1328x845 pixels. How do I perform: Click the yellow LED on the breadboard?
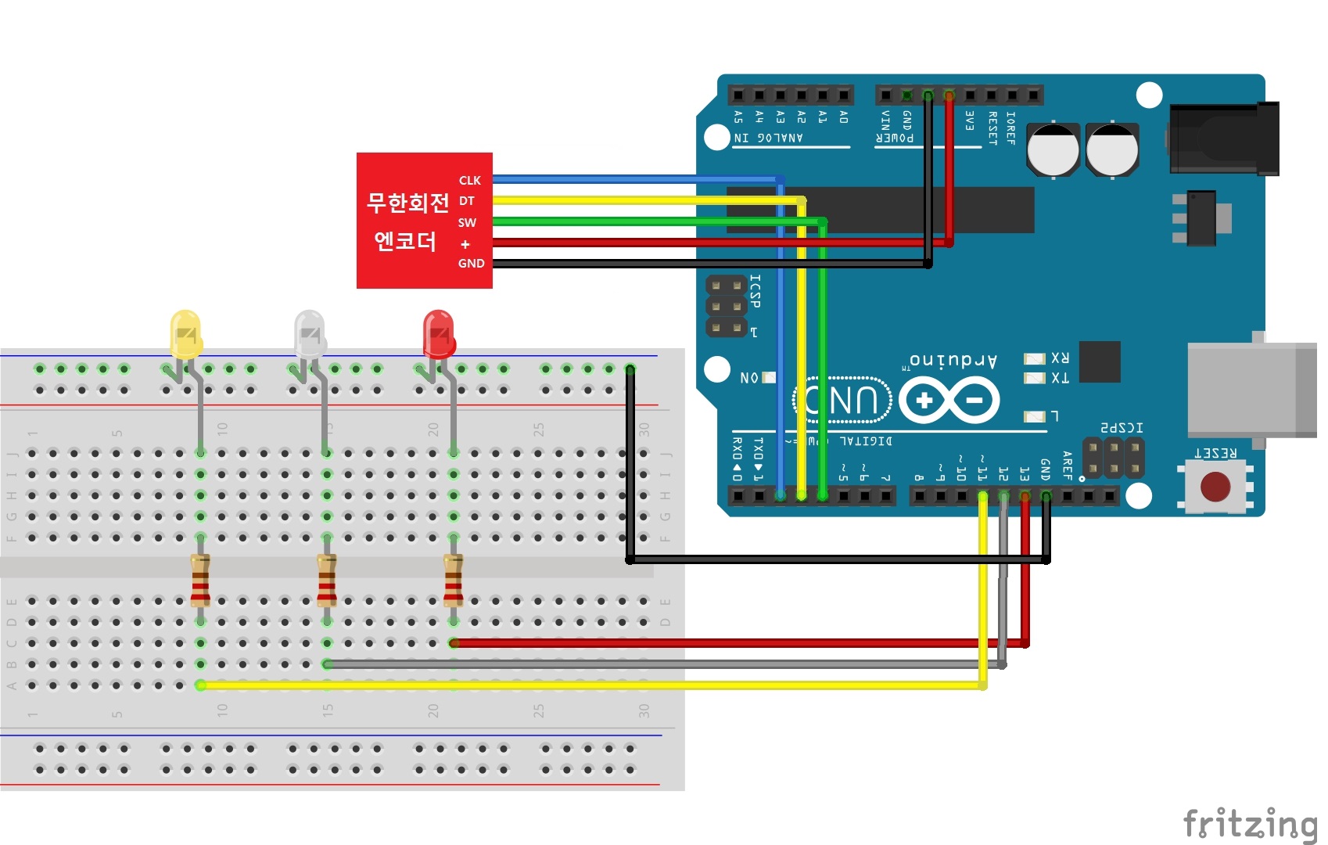[185, 335]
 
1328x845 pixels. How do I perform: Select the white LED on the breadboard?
[310, 335]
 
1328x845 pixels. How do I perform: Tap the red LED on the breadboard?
[439, 335]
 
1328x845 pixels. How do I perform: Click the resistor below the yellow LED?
[200, 580]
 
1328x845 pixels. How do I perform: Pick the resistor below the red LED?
[453, 580]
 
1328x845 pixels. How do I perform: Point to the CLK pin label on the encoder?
[469, 181]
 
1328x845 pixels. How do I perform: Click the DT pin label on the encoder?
[467, 201]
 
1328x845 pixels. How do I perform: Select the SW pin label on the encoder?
[467, 223]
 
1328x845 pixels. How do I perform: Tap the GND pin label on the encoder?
[471, 264]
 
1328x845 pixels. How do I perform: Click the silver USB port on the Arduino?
[1251, 390]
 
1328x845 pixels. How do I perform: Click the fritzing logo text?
[1249, 825]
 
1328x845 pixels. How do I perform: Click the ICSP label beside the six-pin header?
[755, 291]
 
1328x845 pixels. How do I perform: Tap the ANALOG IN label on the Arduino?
[768, 138]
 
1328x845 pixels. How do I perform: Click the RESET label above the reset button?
[1215, 454]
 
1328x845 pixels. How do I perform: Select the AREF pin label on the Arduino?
[1067, 465]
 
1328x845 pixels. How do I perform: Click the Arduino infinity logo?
[949, 401]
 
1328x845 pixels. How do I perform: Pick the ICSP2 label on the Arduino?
[1122, 428]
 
